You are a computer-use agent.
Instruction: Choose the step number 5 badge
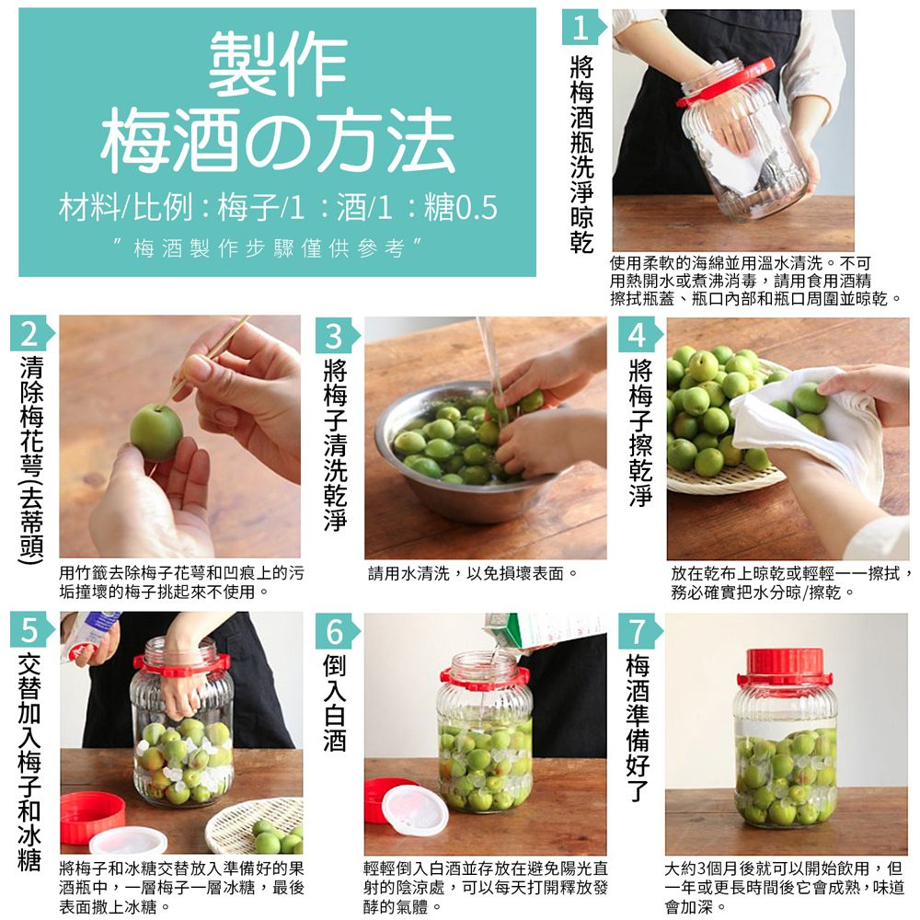[29, 631]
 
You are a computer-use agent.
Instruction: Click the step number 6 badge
[335, 631]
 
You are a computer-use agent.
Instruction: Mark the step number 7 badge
[638, 631]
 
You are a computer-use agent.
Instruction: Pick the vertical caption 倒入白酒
[335, 704]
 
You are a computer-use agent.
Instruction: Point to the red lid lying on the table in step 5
[92, 814]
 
